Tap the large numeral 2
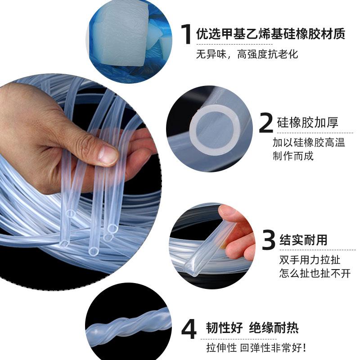[266, 123]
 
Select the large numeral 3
[268, 240]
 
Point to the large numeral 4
[189, 329]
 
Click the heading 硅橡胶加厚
[308, 122]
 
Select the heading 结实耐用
[303, 240]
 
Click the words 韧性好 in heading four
[224, 328]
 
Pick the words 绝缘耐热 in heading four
[274, 328]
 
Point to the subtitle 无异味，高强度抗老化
[247, 54]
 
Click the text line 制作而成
[293, 156]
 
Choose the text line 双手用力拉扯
[310, 260]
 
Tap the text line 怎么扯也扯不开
[315, 274]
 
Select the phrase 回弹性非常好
[273, 347]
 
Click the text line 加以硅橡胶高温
[309, 142]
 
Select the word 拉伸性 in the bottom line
[221, 347]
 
